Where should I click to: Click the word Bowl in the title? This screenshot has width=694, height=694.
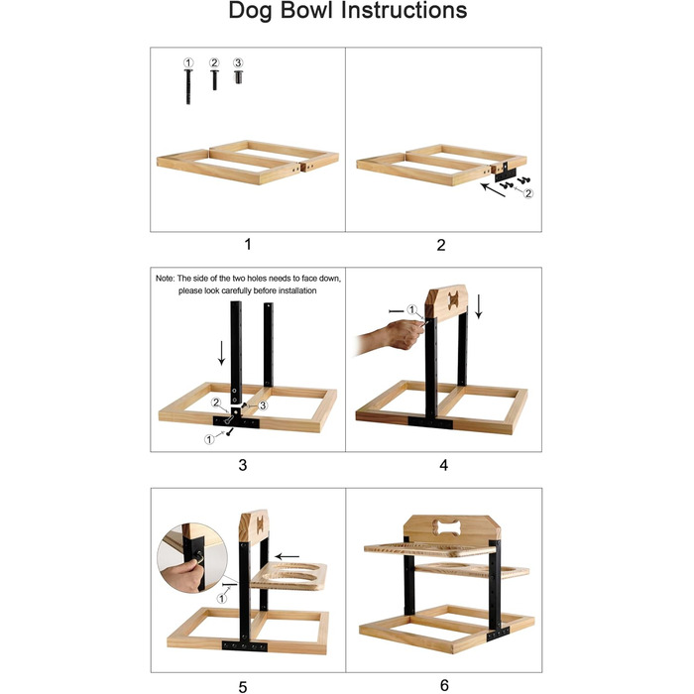[305, 10]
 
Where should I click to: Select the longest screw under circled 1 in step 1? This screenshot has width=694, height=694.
[188, 87]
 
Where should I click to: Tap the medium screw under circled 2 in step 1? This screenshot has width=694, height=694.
[215, 79]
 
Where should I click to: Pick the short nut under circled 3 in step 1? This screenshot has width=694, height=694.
[238, 76]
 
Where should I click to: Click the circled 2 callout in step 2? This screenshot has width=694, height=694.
[528, 193]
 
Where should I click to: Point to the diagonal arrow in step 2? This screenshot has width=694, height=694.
[493, 190]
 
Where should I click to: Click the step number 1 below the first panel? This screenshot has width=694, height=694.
[248, 244]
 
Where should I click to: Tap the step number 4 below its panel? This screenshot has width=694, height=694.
[443, 465]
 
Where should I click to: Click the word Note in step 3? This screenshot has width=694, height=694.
[165, 279]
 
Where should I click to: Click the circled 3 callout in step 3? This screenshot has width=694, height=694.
[263, 405]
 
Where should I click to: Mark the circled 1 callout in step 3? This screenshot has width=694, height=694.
[209, 439]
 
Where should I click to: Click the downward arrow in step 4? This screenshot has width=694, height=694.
[479, 306]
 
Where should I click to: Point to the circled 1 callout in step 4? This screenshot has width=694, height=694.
[412, 309]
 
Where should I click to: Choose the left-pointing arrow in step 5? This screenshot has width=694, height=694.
[288, 556]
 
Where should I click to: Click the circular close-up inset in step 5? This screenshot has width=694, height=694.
[191, 557]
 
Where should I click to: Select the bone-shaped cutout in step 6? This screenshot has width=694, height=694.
[447, 527]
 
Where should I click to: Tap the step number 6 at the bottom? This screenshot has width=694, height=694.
[444, 685]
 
